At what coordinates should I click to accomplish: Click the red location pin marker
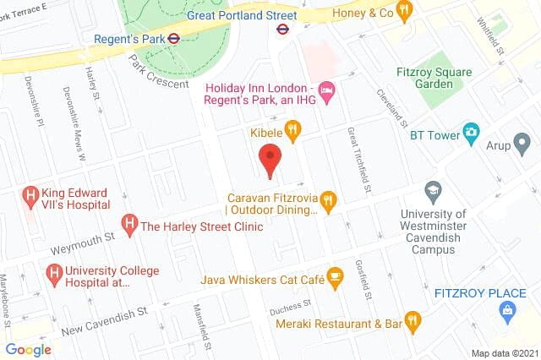270,161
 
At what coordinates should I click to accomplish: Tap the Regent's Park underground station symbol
172,37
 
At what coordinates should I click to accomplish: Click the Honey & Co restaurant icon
404,12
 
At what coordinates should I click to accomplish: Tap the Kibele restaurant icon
292,129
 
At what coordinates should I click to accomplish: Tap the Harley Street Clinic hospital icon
129,226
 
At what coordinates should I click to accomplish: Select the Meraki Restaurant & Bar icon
413,322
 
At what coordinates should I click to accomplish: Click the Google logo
28,349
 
